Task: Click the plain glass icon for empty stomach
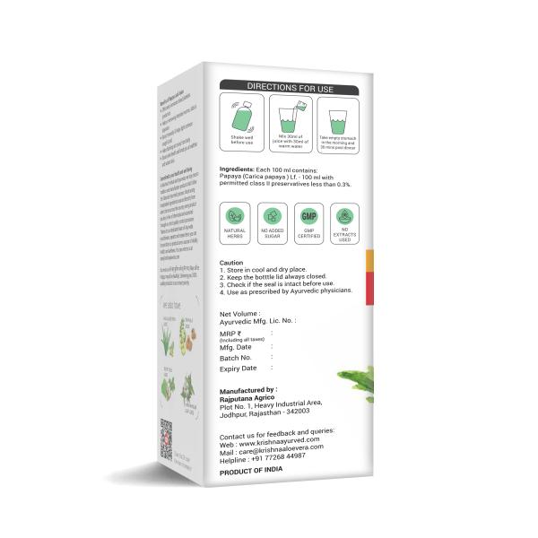338,117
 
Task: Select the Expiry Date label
239,369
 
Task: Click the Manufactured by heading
248,391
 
